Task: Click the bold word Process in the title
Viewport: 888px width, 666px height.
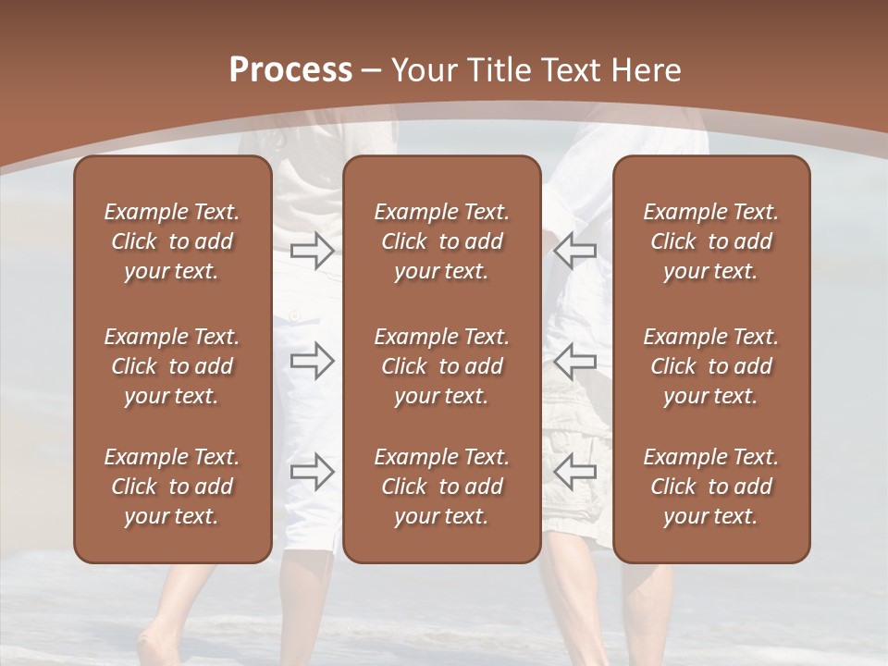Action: click(290, 70)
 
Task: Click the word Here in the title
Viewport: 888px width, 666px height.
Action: click(647, 70)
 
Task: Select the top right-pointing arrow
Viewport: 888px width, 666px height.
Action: click(312, 250)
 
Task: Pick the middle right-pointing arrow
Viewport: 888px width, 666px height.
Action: click(312, 361)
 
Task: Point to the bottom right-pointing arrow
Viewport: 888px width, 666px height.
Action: click(312, 472)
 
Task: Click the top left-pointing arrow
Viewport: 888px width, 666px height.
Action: click(574, 250)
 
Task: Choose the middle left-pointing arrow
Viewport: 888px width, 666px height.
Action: click(574, 361)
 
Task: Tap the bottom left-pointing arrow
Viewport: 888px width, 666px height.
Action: click(574, 472)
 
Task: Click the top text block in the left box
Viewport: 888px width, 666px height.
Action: click(172, 241)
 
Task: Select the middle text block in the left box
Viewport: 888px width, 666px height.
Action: click(172, 366)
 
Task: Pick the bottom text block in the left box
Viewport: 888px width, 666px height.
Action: click(172, 487)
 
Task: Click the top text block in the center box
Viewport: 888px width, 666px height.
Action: click(441, 241)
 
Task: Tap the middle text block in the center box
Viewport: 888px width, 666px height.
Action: click(441, 366)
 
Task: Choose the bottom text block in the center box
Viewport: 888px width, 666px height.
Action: click(441, 487)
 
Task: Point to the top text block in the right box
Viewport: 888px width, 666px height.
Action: click(711, 241)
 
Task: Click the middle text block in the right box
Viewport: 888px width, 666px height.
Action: click(711, 366)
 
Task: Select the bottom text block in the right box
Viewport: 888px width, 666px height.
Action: click(711, 487)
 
